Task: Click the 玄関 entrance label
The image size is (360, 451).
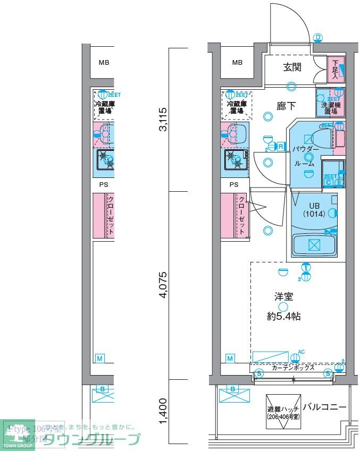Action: (292, 67)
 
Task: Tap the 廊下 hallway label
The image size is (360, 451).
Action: (286, 106)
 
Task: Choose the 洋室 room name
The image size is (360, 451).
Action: (283, 297)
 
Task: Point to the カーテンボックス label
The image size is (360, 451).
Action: (293, 368)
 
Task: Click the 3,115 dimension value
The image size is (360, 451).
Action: (164, 120)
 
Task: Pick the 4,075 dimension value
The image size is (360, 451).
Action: (164, 285)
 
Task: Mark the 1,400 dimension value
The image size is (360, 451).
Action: (164, 412)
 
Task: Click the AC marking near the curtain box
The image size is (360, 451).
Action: (301, 351)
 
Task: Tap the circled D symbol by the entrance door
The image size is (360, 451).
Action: (317, 37)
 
